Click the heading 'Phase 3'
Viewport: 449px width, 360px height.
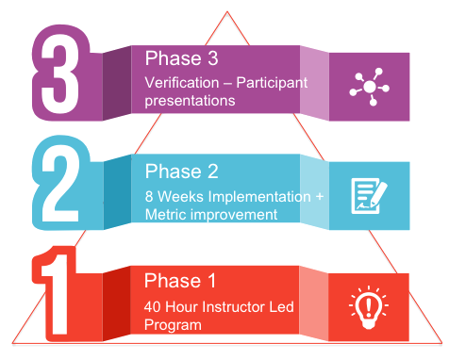pos(181,59)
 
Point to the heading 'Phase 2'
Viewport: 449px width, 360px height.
pos(181,172)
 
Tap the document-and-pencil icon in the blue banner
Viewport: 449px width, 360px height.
pos(369,195)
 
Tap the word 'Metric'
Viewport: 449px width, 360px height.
pos(166,214)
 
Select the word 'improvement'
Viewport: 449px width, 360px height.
pos(234,214)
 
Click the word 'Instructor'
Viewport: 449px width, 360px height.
pos(227,306)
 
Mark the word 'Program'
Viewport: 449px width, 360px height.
pos(173,325)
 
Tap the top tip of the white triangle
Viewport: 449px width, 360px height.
pos(225,13)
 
